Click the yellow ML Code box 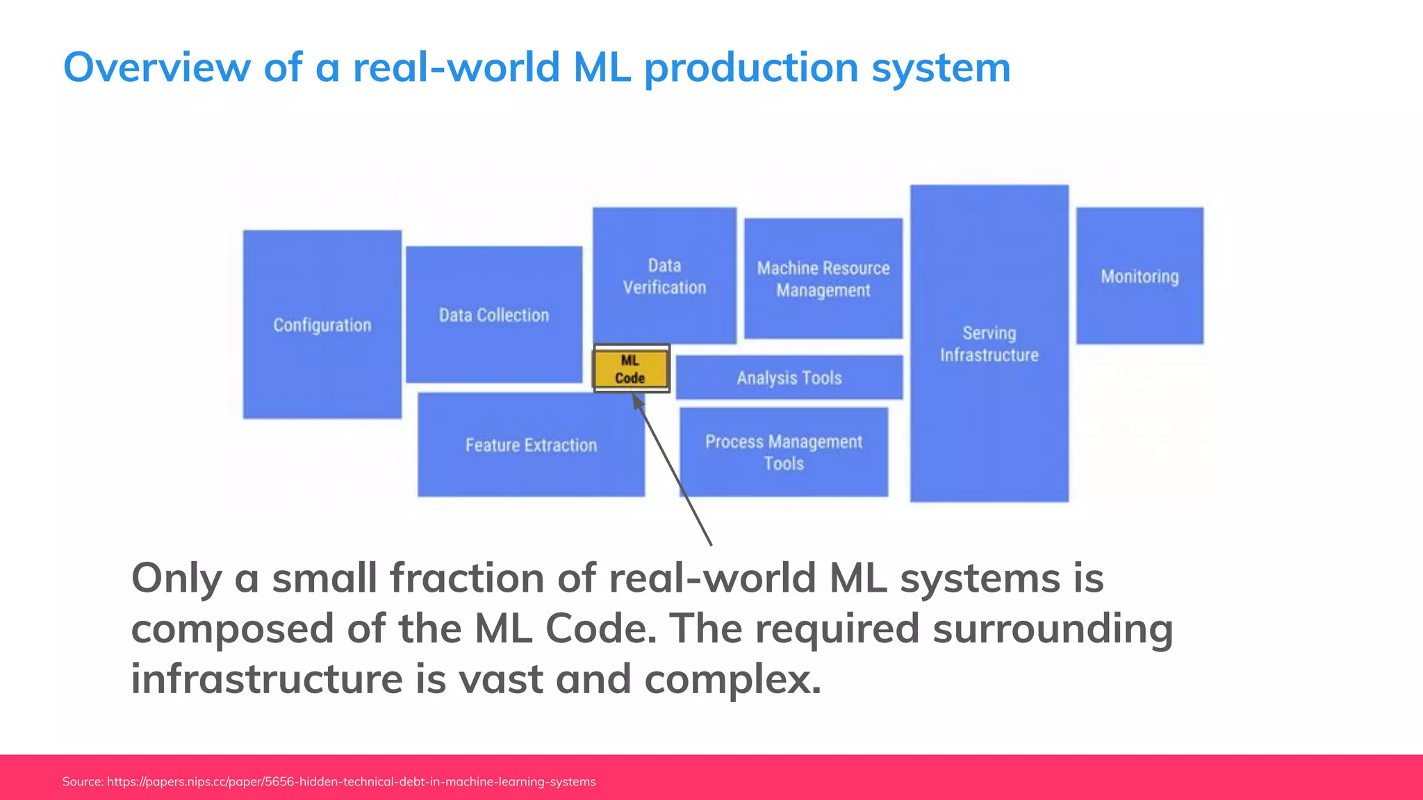pos(630,369)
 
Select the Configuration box pos(322,324)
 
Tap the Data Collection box pos(494,315)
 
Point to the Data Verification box pos(664,276)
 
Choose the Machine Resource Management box pos(823,278)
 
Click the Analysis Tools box pos(789,378)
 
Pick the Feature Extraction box pos(531,444)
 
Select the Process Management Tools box pos(784,452)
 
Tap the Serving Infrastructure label pos(989,344)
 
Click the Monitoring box pos(1140,276)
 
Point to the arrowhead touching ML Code pos(637,401)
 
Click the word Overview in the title pos(156,67)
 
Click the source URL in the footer pos(351,782)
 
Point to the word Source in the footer pos(82,782)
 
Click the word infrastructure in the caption pos(267,678)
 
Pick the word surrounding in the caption pos(1052,628)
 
